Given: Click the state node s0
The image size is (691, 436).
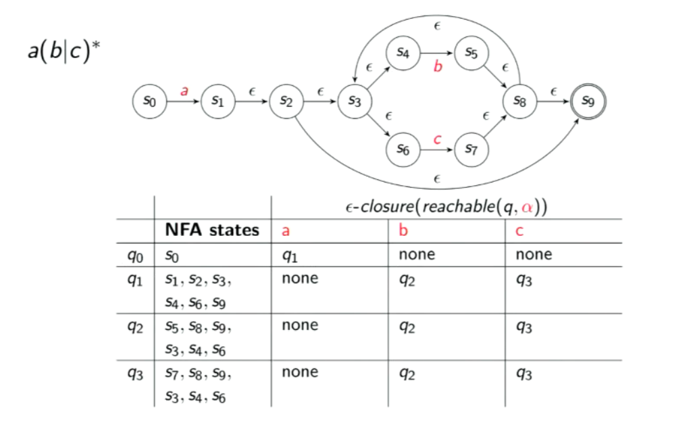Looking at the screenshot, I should pyautogui.click(x=149, y=101).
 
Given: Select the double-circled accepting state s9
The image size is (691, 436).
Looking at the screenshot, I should pyautogui.click(x=588, y=101).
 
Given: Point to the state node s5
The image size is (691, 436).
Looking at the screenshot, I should pyautogui.click(x=471, y=53).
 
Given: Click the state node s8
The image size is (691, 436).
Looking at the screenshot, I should pyautogui.click(x=519, y=101).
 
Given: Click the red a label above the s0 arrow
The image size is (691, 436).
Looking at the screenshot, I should pyautogui.click(x=184, y=90).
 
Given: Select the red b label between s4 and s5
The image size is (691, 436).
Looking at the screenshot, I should pyautogui.click(x=437, y=68).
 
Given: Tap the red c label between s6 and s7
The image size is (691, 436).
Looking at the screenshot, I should pyautogui.click(x=437, y=139).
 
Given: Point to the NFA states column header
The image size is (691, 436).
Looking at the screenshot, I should pyautogui.click(x=211, y=231).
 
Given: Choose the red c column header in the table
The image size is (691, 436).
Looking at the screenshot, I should pyautogui.click(x=519, y=231).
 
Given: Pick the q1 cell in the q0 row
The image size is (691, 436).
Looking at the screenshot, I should pyautogui.click(x=289, y=256).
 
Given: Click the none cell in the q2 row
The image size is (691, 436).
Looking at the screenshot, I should pyautogui.click(x=300, y=325).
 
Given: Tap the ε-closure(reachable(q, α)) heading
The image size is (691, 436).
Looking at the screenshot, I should pyautogui.click(x=445, y=207).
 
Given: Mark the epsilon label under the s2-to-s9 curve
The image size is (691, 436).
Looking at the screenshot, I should pyautogui.click(x=437, y=178).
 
